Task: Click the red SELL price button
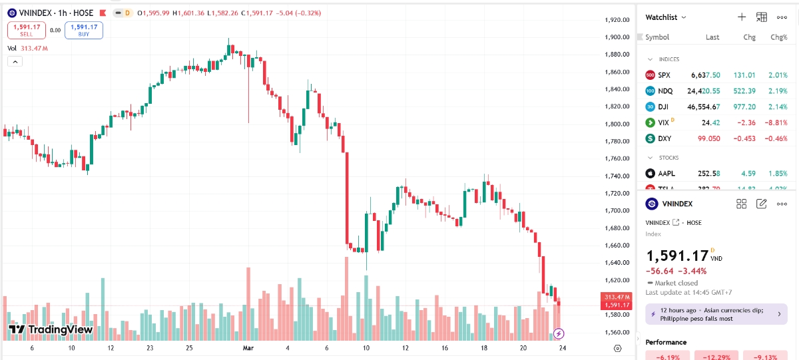[27, 30]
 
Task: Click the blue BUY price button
[84, 30]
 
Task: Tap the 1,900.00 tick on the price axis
[617, 37]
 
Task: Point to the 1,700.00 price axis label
[617, 211]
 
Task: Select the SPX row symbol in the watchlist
[664, 75]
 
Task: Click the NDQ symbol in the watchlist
[665, 91]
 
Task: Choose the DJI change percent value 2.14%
[778, 106]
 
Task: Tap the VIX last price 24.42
[710, 122]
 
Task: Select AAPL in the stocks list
[666, 174]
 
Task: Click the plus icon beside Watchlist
[742, 17]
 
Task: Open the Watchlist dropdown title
[666, 17]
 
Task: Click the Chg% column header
[778, 37]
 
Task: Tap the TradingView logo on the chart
[51, 329]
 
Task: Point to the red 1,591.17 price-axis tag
[617, 305]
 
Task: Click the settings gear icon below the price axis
[618, 349]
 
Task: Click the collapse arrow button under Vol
[15, 61]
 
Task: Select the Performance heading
[666, 342]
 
